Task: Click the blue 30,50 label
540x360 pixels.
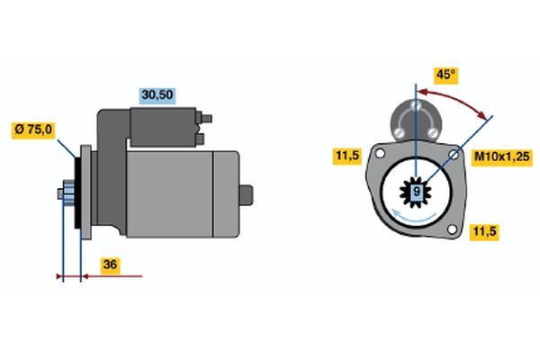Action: pyautogui.click(x=157, y=95)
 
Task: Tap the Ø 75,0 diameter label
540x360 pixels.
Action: pyautogui.click(x=33, y=130)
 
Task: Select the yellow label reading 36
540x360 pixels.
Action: pyautogui.click(x=111, y=265)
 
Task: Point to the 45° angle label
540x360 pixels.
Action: pyautogui.click(x=446, y=75)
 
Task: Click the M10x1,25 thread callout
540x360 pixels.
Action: pyautogui.click(x=502, y=157)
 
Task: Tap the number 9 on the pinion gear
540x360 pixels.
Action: pyautogui.click(x=416, y=191)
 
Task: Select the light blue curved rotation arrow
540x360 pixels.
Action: pyautogui.click(x=414, y=216)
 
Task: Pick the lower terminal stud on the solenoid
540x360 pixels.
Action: pyautogui.click(x=200, y=139)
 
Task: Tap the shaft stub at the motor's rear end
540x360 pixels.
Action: pyautogui.click(x=247, y=195)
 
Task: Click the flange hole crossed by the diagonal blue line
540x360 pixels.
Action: pyautogui.click(x=454, y=155)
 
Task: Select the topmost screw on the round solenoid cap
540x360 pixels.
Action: pyautogui.click(x=416, y=104)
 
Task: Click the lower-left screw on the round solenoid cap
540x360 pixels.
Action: pyautogui.click(x=399, y=132)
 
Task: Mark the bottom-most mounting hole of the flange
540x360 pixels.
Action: pyautogui.click(x=452, y=229)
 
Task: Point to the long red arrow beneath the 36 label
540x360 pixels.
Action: pyautogui.click(x=112, y=276)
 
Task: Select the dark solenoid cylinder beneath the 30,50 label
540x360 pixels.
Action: pyautogui.click(x=163, y=127)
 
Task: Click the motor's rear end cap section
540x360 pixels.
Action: pyautogui.click(x=226, y=194)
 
